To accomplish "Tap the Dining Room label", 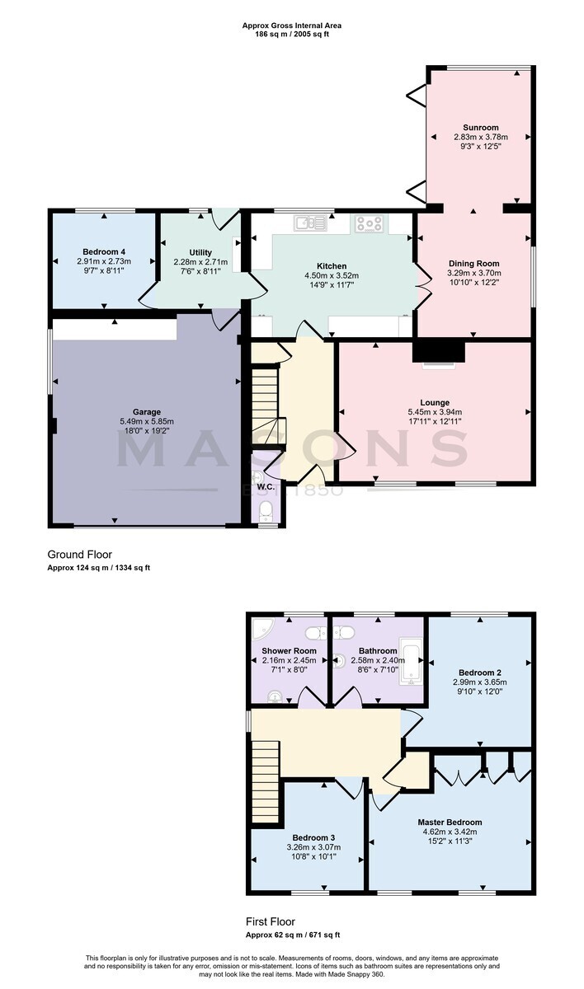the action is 474,264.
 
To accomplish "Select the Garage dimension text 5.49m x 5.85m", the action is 147,421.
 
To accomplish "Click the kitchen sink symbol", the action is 310,223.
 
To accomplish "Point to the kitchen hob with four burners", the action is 369,224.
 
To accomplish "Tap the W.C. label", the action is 266,487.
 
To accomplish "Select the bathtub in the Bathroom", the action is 411,661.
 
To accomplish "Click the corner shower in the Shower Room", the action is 261,629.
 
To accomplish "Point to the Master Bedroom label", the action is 450,823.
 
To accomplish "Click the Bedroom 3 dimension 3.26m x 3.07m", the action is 313,847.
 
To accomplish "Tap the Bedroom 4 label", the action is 104,251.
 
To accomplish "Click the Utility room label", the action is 200,252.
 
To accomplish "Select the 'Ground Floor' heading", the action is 80,555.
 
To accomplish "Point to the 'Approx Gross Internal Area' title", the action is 291,26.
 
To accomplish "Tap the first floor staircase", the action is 266,782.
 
